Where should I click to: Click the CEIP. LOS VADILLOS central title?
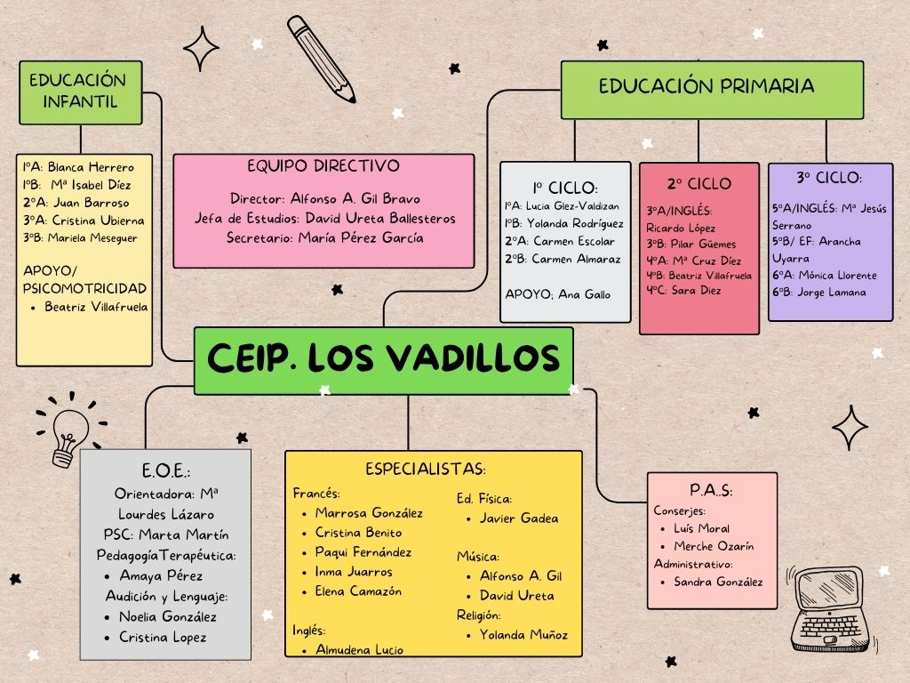pyautogui.click(x=383, y=358)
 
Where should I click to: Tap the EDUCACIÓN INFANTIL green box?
pyautogui.click(x=80, y=91)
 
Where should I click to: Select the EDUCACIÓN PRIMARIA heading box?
pyautogui.click(x=711, y=87)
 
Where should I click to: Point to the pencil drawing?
pyautogui.click(x=322, y=58)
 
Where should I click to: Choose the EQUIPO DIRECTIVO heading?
pyautogui.click(x=323, y=166)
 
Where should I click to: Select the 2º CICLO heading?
pyautogui.click(x=699, y=184)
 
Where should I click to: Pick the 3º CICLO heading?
pyautogui.click(x=829, y=178)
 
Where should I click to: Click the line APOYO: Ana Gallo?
pyautogui.click(x=557, y=294)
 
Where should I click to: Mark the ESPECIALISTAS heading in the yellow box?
pyautogui.click(x=425, y=469)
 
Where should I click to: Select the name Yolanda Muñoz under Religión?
pyautogui.click(x=523, y=635)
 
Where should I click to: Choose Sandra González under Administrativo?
pyautogui.click(x=718, y=583)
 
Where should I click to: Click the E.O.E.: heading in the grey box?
pyautogui.click(x=166, y=471)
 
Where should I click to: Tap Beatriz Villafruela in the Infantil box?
pyautogui.click(x=97, y=307)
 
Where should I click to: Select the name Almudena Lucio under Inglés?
pyautogui.click(x=359, y=650)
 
